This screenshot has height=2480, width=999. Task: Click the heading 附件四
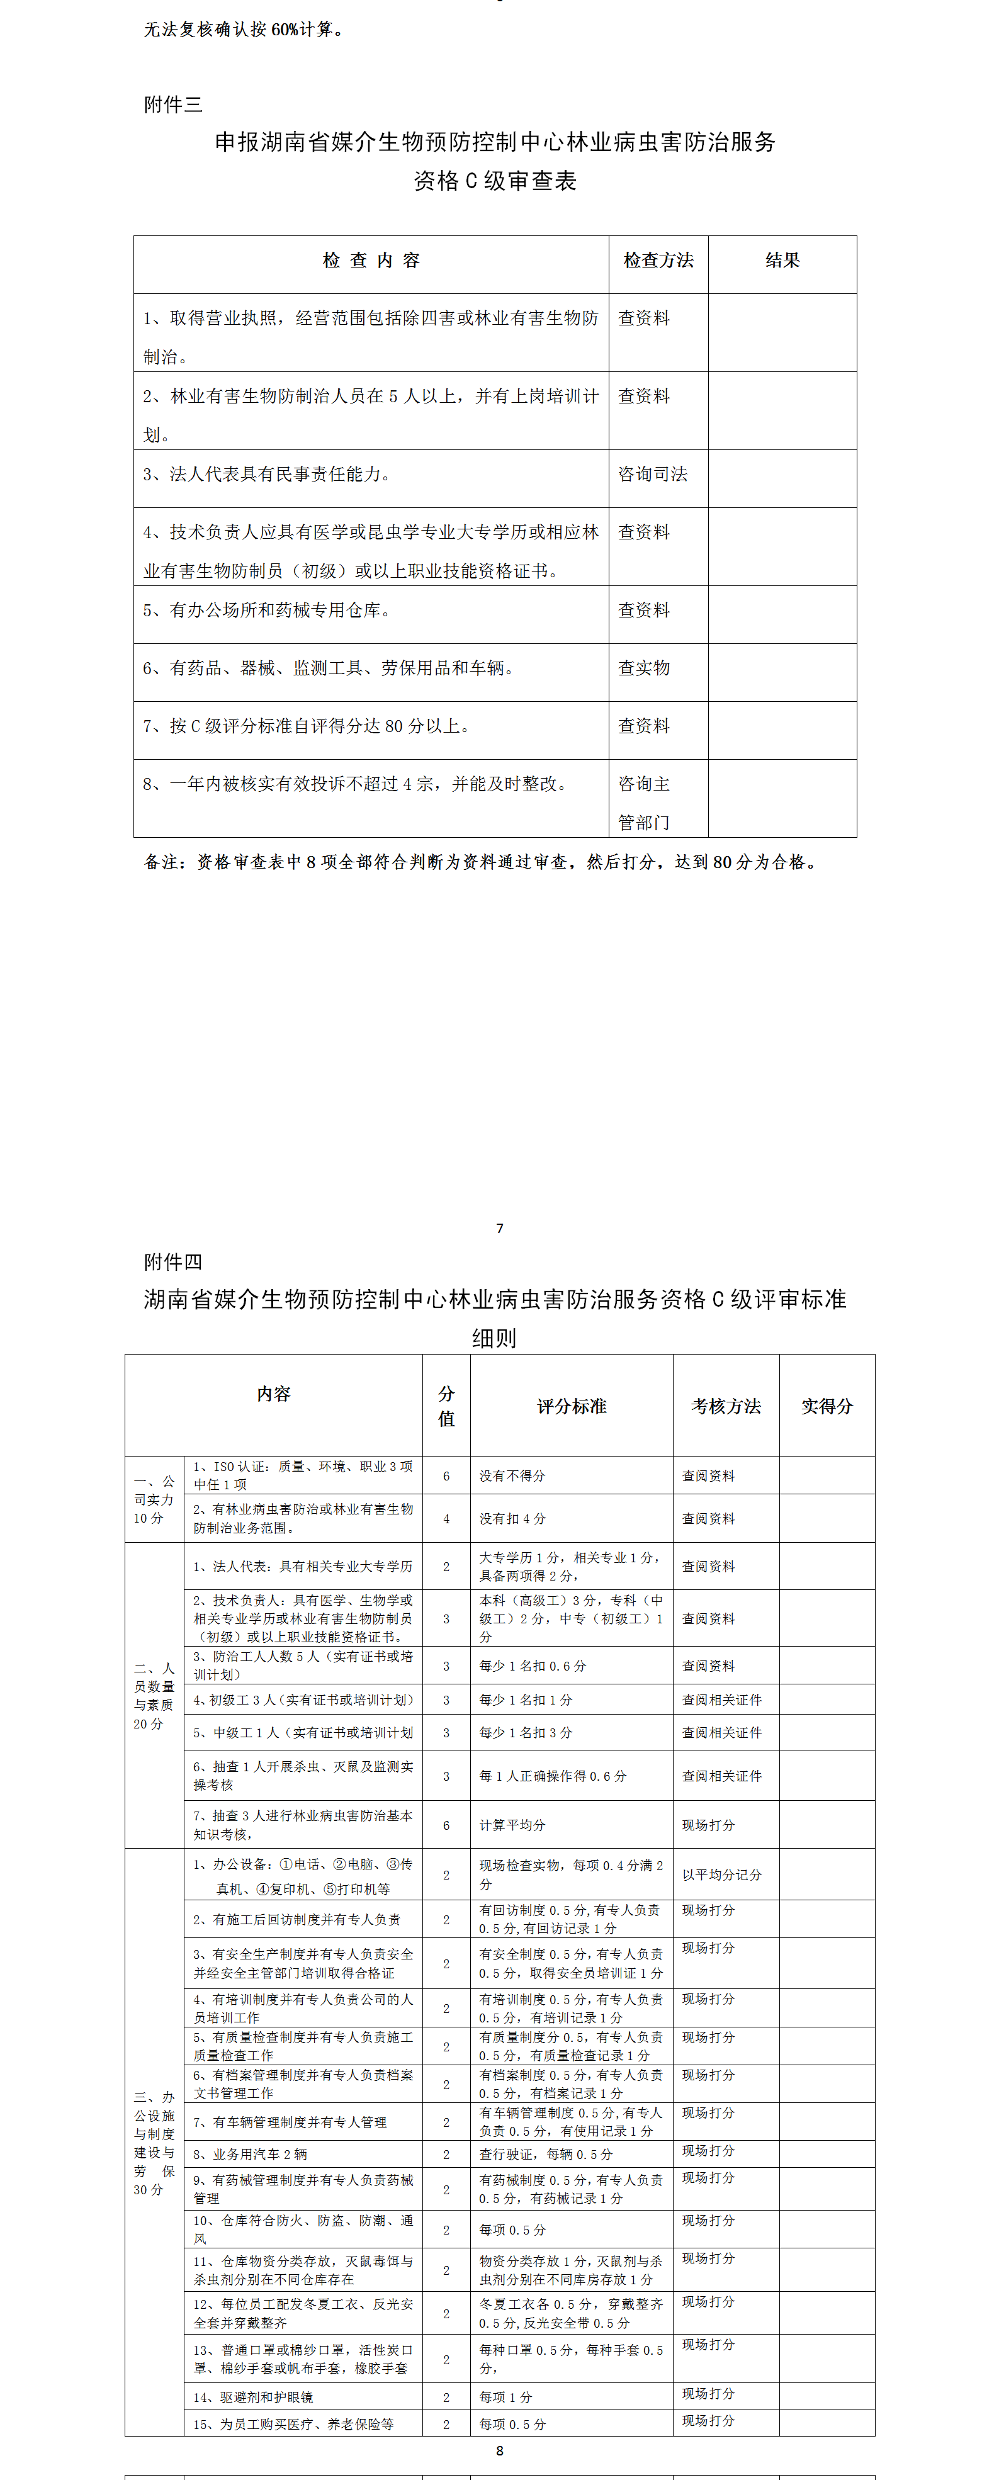pyautogui.click(x=173, y=1261)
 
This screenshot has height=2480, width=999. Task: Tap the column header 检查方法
pyautogui.click(x=658, y=261)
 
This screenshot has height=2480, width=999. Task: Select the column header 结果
pyautogui.click(x=782, y=261)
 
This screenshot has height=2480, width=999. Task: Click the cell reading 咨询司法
pyautogui.click(x=653, y=475)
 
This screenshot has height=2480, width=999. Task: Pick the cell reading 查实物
pyautogui.click(x=644, y=668)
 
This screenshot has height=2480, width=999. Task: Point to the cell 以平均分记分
pyautogui.click(x=722, y=1875)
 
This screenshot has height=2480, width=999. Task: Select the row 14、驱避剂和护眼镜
pyautogui.click(x=253, y=2397)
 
